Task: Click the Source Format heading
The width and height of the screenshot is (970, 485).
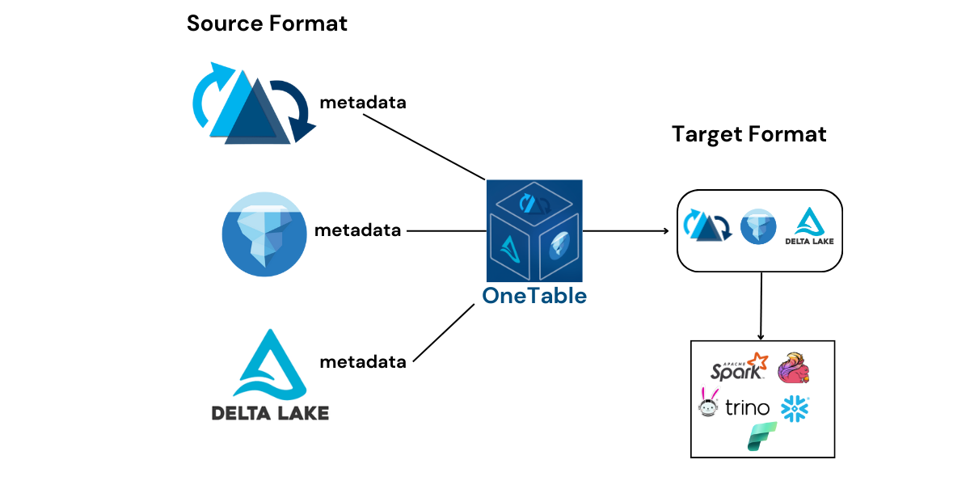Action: tap(267, 23)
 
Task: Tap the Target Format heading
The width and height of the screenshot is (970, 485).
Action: tap(749, 134)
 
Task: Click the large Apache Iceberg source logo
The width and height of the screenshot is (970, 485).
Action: tap(263, 230)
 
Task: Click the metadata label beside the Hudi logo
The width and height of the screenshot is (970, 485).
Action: tap(363, 103)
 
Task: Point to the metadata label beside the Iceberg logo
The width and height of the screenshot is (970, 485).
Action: tap(357, 230)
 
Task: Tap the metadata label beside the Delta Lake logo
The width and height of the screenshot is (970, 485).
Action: tap(363, 362)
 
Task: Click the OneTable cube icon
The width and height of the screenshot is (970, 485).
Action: tap(533, 230)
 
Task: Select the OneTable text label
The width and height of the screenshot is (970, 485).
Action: tap(534, 296)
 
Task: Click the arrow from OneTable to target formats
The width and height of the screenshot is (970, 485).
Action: tap(626, 231)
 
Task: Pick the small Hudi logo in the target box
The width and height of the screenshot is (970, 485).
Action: tap(708, 226)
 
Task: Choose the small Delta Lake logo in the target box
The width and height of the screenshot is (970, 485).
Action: tap(808, 227)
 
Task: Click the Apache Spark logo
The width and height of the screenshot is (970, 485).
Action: tap(737, 368)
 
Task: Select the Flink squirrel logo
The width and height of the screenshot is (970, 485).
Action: tap(794, 368)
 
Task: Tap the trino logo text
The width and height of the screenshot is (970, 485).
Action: tap(746, 408)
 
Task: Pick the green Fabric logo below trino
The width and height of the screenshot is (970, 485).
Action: tap(761, 436)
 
